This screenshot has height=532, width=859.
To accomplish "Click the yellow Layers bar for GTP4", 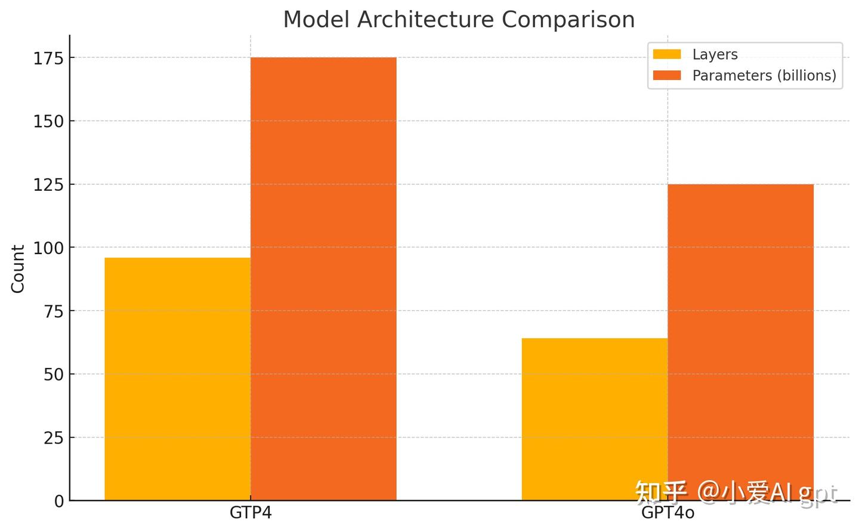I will pos(177,379).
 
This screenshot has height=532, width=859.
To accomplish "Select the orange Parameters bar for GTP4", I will pos(323,279).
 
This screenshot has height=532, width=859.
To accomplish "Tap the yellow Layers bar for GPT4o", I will pos(594,419).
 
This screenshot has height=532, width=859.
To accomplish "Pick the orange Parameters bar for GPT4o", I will pos(740,342).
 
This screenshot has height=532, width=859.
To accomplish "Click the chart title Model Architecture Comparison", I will pos(458,20).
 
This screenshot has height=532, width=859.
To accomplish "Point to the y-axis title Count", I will pos(18,268).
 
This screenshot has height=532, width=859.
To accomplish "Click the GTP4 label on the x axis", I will pos(251,513).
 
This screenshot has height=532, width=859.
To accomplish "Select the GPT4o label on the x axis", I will pos(668,513).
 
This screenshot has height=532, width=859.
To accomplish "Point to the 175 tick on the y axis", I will pos(48,58).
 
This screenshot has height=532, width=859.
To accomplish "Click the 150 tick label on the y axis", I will pos(48,122).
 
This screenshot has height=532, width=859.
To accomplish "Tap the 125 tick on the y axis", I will pos(48,185).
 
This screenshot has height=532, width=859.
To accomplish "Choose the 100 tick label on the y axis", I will pos(48,248).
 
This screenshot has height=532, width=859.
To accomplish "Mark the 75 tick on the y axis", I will pos(54,311).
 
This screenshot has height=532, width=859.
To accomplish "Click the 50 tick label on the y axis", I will pos(54,375).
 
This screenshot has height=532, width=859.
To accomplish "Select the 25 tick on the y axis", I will pos(54,438).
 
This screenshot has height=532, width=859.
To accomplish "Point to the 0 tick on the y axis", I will pos(59,501).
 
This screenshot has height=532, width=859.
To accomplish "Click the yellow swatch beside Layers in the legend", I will pos(667,54).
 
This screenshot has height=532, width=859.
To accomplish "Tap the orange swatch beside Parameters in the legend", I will pos(667,76).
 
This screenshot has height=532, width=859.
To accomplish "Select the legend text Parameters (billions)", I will pos(764,76).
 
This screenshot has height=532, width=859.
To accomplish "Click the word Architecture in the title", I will pos(425,20).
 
